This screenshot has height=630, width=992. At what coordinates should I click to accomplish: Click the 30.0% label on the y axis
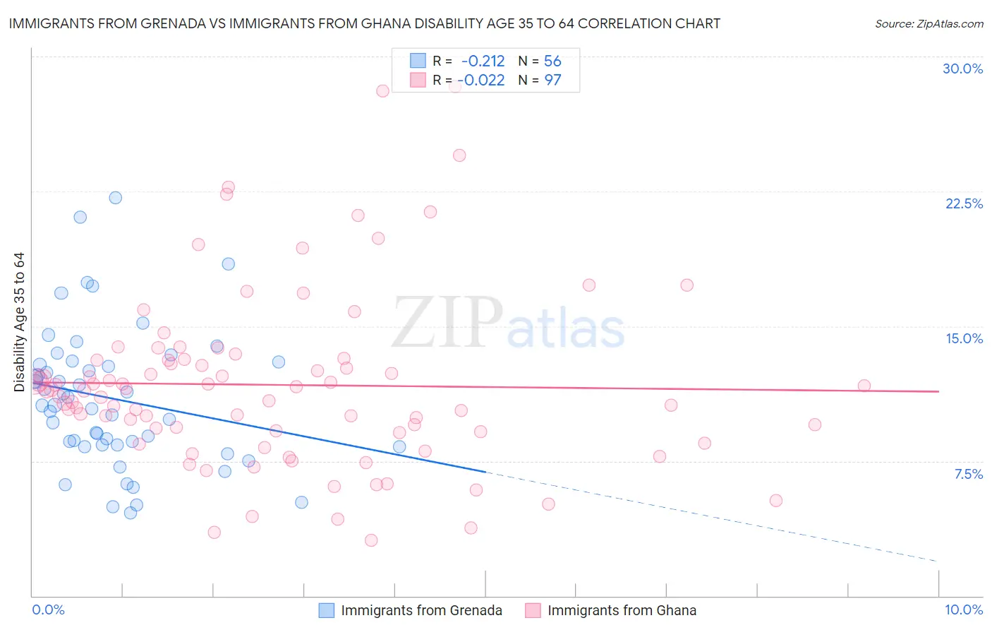tap(962, 69)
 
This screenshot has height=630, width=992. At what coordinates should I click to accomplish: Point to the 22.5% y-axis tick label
tap(964, 203)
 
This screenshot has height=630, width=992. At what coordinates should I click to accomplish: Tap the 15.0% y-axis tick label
tap(964, 338)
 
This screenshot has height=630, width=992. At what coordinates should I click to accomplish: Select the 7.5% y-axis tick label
tap(968, 474)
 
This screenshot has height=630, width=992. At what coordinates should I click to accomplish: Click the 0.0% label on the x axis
tap(48, 610)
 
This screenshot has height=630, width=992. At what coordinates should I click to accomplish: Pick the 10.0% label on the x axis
tap(963, 610)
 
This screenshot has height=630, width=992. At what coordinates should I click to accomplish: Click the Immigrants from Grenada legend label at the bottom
tap(421, 610)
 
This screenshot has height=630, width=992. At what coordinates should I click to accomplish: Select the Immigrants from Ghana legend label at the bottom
tap(622, 610)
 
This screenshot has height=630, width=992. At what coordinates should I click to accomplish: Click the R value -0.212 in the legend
tap(483, 61)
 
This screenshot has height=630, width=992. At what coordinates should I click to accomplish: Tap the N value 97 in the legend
tap(552, 81)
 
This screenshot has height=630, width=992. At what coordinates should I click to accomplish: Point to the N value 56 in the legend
tap(552, 61)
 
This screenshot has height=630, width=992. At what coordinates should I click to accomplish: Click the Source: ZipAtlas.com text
tap(929, 24)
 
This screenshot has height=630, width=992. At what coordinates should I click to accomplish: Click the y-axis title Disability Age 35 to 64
tap(19, 322)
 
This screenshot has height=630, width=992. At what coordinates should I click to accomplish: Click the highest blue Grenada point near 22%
tap(115, 198)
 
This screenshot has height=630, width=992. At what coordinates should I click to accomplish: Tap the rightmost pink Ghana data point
tap(864, 386)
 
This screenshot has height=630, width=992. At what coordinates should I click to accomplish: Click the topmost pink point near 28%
tap(382, 91)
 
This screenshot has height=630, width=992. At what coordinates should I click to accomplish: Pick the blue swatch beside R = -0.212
tap(418, 61)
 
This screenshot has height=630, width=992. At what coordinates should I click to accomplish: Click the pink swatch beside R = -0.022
tap(418, 81)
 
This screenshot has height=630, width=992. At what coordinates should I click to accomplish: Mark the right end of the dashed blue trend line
tap(938, 561)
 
